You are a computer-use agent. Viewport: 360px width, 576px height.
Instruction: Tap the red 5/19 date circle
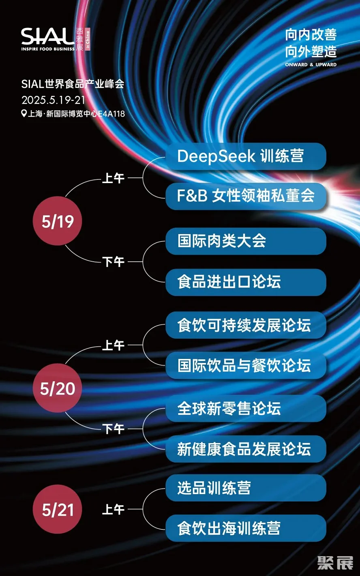click(x=58, y=221)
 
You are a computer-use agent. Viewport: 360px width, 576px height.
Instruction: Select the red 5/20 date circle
click(x=58, y=388)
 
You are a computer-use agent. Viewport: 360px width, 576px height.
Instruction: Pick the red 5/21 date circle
click(x=58, y=509)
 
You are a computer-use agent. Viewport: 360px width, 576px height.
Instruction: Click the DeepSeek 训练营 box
click(x=246, y=156)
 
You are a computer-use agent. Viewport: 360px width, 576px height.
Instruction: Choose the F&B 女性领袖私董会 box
click(x=246, y=196)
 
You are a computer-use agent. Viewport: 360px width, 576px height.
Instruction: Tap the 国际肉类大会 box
click(x=246, y=241)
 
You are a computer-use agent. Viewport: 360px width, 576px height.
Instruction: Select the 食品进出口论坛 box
click(x=246, y=282)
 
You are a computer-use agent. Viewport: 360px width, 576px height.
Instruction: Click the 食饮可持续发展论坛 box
click(x=246, y=325)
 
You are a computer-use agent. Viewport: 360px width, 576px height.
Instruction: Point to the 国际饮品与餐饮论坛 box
click(x=246, y=365)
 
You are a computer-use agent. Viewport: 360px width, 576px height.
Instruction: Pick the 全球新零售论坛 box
click(x=246, y=408)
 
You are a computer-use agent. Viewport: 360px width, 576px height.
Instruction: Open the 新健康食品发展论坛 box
click(x=246, y=449)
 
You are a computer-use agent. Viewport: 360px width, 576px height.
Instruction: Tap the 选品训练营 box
click(x=246, y=488)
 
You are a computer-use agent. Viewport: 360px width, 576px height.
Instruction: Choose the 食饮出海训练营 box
click(x=246, y=528)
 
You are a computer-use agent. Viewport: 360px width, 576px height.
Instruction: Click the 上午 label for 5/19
click(x=113, y=178)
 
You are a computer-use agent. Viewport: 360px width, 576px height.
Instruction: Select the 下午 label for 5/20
click(x=113, y=429)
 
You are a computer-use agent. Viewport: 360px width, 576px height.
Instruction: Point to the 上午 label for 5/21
click(x=113, y=509)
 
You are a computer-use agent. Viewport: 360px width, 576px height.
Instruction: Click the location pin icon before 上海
click(x=24, y=113)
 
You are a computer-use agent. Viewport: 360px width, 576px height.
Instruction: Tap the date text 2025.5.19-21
click(x=53, y=100)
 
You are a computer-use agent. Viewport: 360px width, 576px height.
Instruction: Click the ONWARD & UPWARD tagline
click(x=311, y=64)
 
